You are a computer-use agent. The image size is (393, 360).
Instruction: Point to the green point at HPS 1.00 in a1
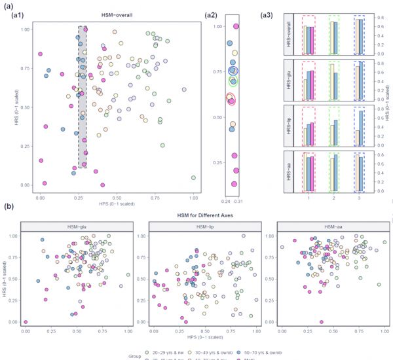(193, 177)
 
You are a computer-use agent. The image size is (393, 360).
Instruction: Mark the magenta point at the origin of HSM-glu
(26, 322)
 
